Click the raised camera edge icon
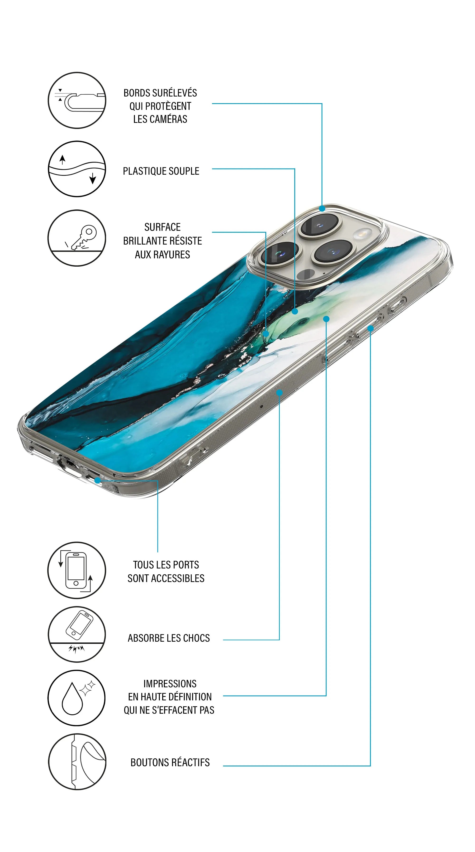point(77,100)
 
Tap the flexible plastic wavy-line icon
point(77,169)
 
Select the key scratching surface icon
point(77,238)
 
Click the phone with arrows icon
point(77,570)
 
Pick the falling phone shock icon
point(77,634)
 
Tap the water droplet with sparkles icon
point(77,698)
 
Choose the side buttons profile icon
point(77,762)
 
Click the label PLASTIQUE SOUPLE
point(161,171)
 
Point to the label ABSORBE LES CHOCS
point(169,638)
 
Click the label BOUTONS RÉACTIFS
point(170,762)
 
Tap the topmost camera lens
point(319,225)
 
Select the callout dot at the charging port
point(98,480)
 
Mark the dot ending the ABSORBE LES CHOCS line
point(279,393)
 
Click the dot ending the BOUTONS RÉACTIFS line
point(370,328)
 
